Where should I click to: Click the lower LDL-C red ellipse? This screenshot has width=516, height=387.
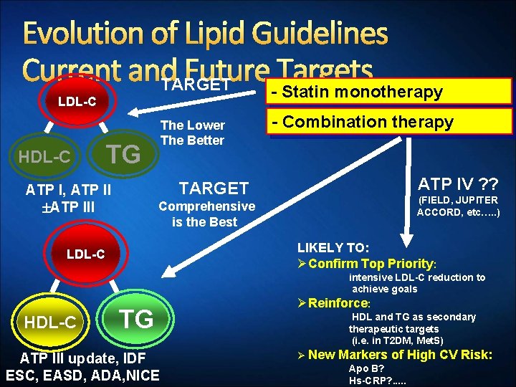(85, 254)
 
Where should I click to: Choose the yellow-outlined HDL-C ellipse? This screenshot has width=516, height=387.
(49, 322)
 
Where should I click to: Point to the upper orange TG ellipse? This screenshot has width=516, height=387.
(123, 153)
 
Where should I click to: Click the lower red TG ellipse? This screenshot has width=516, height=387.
(135, 317)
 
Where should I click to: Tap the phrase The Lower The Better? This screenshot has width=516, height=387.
(193, 133)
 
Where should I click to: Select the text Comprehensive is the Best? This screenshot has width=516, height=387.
(206, 214)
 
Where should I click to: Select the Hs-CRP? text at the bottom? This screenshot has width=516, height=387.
(377, 381)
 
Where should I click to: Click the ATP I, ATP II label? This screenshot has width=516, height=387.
(68, 191)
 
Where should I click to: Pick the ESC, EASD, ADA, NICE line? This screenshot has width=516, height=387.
(82, 375)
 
